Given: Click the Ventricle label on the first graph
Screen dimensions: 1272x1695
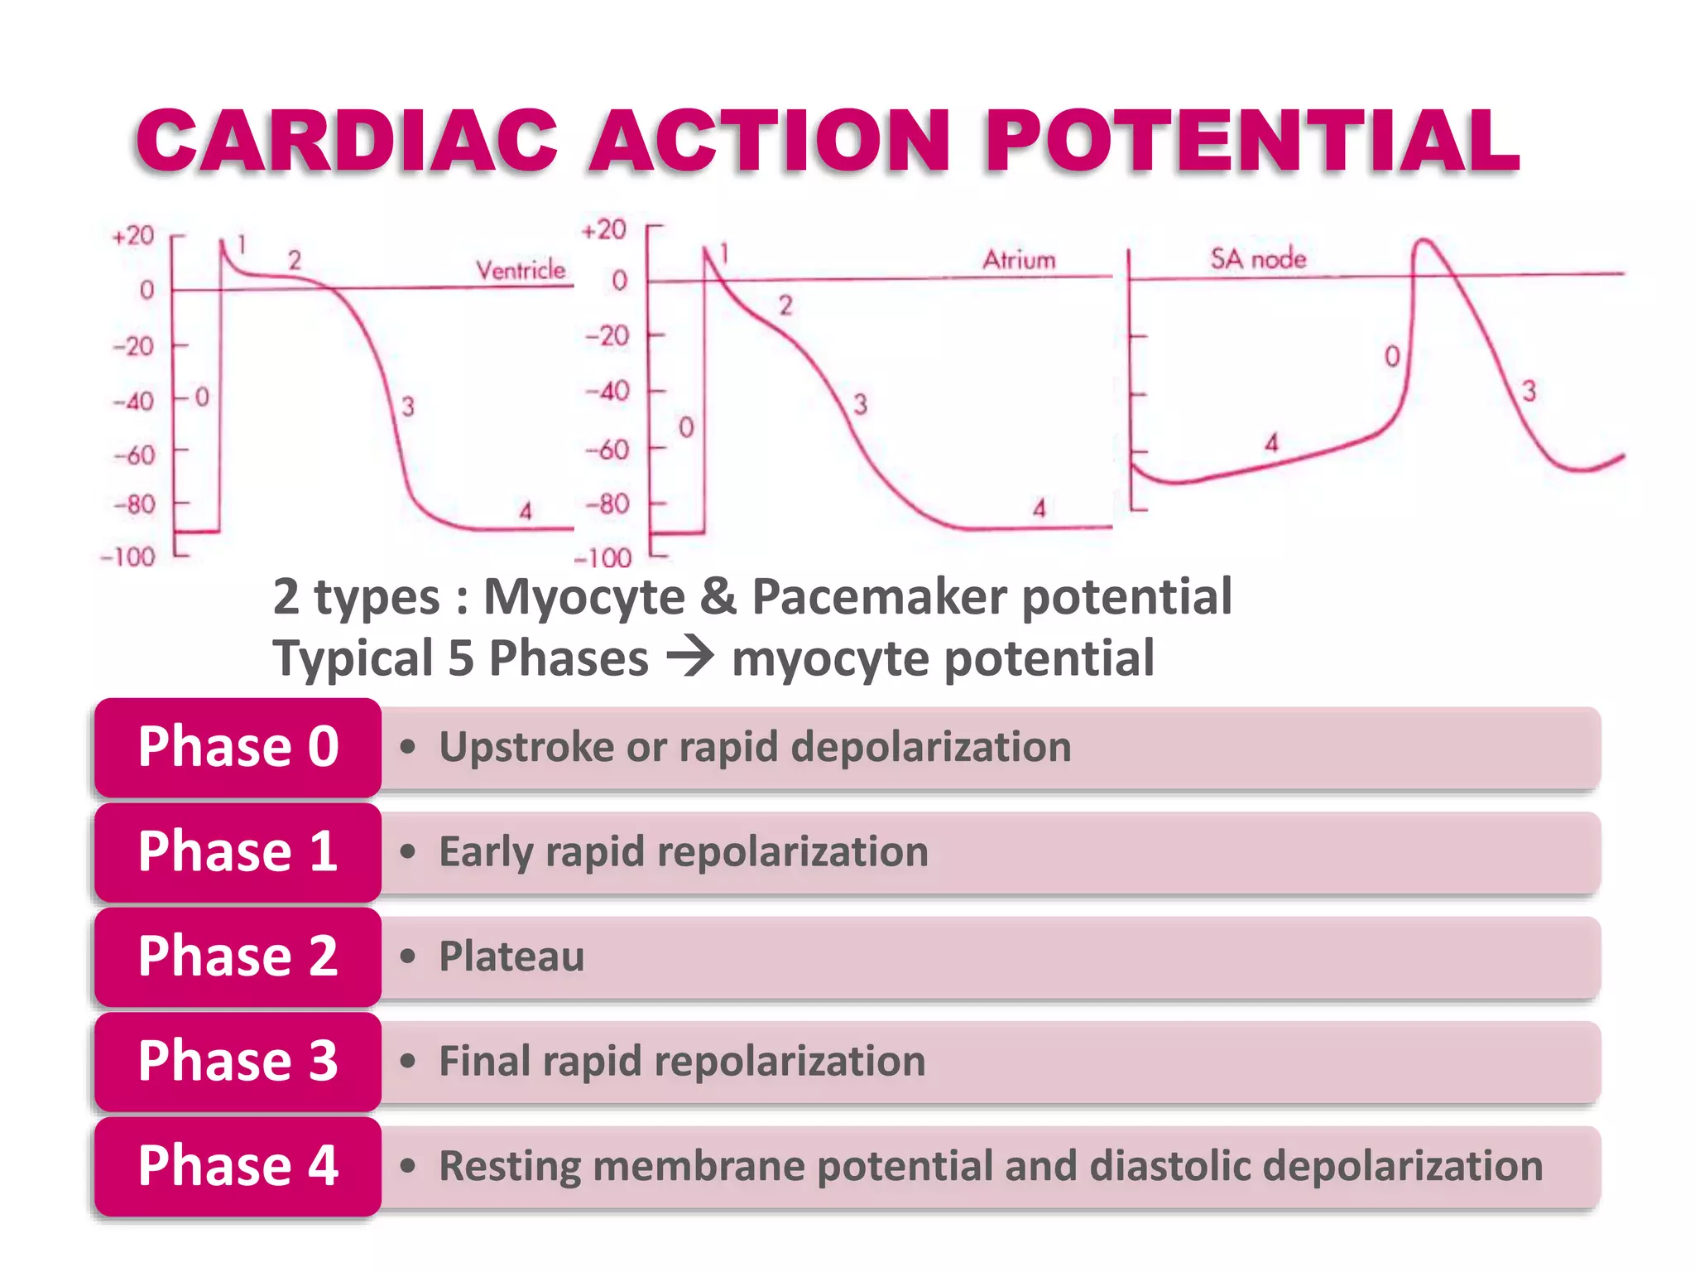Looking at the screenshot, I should (x=520, y=270).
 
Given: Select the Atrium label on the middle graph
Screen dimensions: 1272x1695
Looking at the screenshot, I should (x=1019, y=260).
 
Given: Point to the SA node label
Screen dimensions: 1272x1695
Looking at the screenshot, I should (x=1258, y=259).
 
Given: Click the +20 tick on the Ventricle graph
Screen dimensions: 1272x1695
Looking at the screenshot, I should (x=133, y=236).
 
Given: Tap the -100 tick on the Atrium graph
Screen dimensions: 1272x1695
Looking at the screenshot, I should (x=603, y=558).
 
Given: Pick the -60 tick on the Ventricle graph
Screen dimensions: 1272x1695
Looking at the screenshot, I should (x=134, y=455).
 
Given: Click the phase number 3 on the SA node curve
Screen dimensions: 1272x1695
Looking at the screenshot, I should (x=1529, y=391).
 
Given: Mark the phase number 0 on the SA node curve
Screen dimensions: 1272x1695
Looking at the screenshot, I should (x=1392, y=357).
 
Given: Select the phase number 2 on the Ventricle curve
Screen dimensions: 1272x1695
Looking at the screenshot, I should (x=294, y=261).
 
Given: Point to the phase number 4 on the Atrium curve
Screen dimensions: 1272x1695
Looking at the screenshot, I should (x=1040, y=508).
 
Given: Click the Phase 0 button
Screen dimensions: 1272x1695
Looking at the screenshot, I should (x=238, y=747).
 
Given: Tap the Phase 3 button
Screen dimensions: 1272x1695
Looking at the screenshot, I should (x=238, y=1061).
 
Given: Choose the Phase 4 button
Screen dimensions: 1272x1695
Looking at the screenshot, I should (x=238, y=1165).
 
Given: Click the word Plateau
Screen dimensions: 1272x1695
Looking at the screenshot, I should (x=511, y=956).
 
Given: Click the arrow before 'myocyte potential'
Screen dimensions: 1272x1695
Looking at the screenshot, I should (x=690, y=658).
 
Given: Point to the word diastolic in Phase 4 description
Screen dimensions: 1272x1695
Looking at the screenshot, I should (x=1169, y=1166).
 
